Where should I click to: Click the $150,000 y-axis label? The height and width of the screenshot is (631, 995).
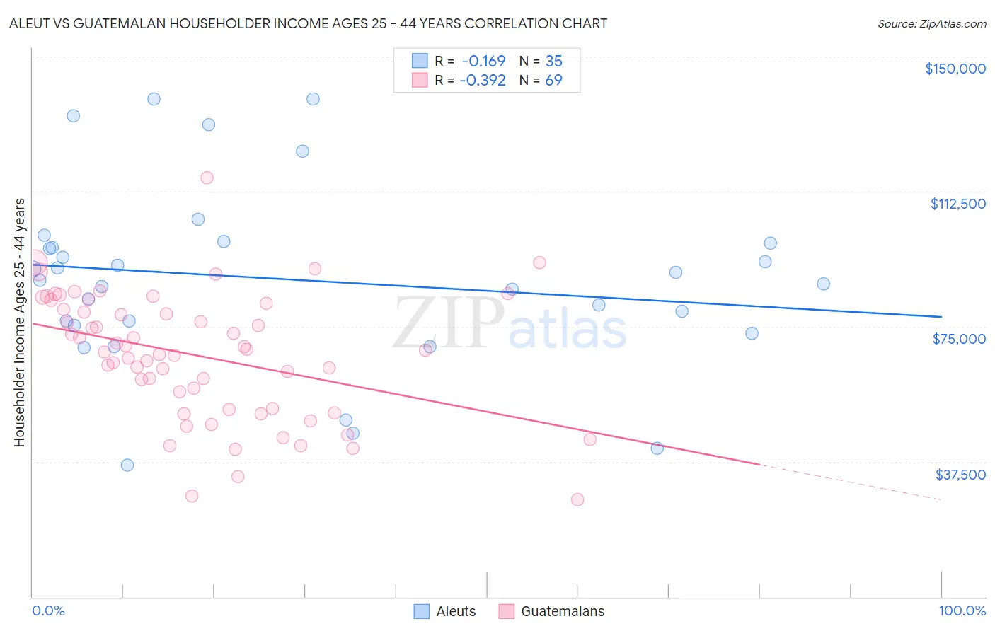click(x=955, y=69)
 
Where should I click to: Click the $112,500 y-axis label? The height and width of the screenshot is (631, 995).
click(x=957, y=204)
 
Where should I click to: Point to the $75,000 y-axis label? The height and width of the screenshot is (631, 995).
click(x=959, y=339)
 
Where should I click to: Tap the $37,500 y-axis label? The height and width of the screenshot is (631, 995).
click(x=960, y=475)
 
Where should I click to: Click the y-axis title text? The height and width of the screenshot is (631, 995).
click(x=19, y=323)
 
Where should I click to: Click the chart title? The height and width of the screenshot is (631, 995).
click(x=308, y=23)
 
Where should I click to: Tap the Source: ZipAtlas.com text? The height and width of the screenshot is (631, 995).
click(x=931, y=24)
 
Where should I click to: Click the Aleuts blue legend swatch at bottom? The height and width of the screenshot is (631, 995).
click(x=422, y=611)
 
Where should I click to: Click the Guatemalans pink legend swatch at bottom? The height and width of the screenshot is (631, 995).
click(x=506, y=611)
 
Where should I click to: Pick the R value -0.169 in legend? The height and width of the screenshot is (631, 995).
click(x=483, y=61)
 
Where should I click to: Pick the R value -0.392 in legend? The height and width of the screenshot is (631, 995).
click(x=483, y=80)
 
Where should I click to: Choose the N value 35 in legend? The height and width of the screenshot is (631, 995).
click(x=553, y=61)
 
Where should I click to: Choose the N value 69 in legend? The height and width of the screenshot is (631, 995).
click(x=553, y=80)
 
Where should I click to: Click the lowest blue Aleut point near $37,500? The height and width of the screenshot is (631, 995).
click(x=127, y=465)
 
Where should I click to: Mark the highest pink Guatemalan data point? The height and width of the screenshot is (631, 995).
click(x=207, y=178)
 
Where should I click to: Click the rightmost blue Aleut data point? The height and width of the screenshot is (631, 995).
click(x=823, y=284)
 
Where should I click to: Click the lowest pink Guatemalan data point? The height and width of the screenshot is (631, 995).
click(x=577, y=499)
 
